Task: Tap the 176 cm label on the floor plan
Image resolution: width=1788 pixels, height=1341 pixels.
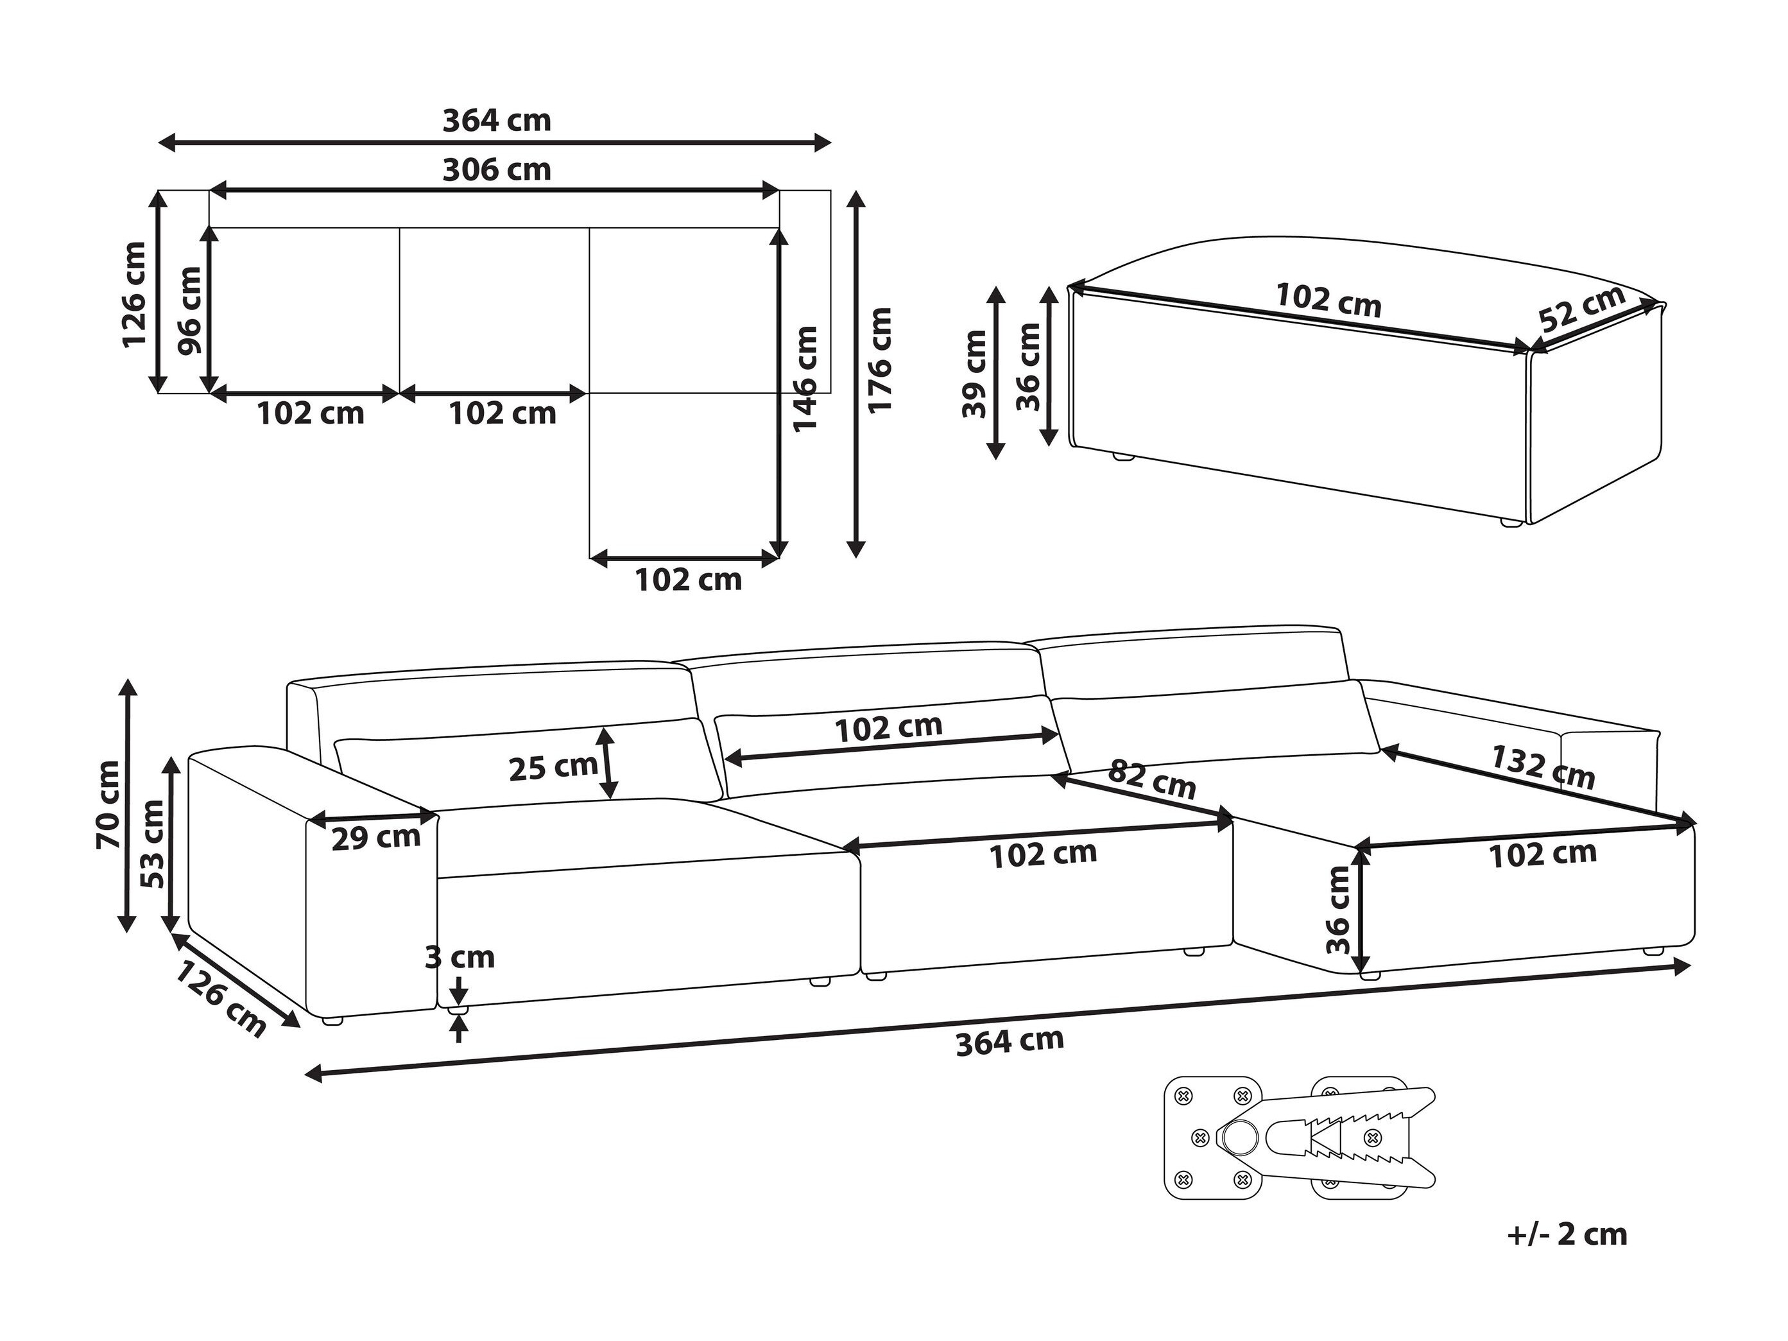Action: click(x=879, y=361)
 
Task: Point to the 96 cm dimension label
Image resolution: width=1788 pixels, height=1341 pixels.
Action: click(x=191, y=311)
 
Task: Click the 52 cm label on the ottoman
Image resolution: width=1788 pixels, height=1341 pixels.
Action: click(x=1582, y=309)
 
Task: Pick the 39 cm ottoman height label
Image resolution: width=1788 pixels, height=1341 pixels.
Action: click(x=975, y=374)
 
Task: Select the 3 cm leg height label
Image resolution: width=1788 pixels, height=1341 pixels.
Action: click(x=460, y=958)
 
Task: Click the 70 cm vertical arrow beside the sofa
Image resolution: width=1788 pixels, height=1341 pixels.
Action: click(x=128, y=805)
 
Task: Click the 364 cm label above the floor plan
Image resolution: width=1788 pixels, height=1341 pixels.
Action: click(x=497, y=121)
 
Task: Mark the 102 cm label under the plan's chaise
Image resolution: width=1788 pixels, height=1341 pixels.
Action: click(x=688, y=580)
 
